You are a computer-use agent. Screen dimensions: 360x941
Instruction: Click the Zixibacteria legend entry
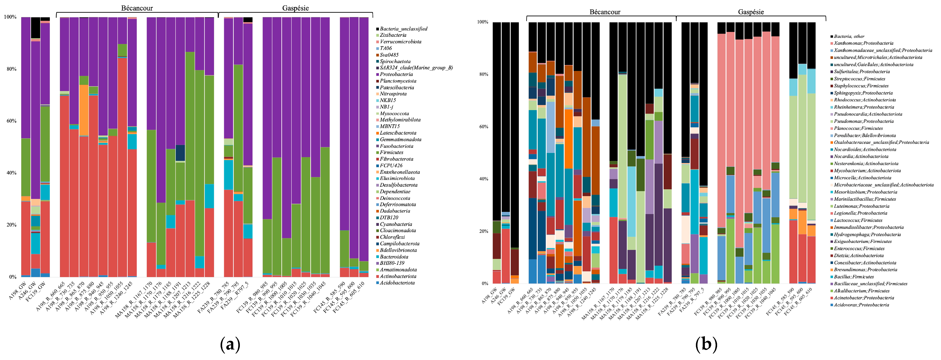coord(393,35)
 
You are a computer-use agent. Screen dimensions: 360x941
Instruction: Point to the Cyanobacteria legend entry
coord(396,224)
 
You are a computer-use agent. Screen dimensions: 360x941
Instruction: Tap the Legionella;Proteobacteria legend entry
coord(860,213)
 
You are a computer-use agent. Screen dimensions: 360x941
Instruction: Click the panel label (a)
coord(230,344)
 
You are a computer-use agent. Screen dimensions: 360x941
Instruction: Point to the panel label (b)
coord(706,344)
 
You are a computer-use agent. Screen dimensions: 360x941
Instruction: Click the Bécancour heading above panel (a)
coord(137,8)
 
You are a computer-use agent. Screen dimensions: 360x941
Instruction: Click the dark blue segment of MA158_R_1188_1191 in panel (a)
coord(180,153)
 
